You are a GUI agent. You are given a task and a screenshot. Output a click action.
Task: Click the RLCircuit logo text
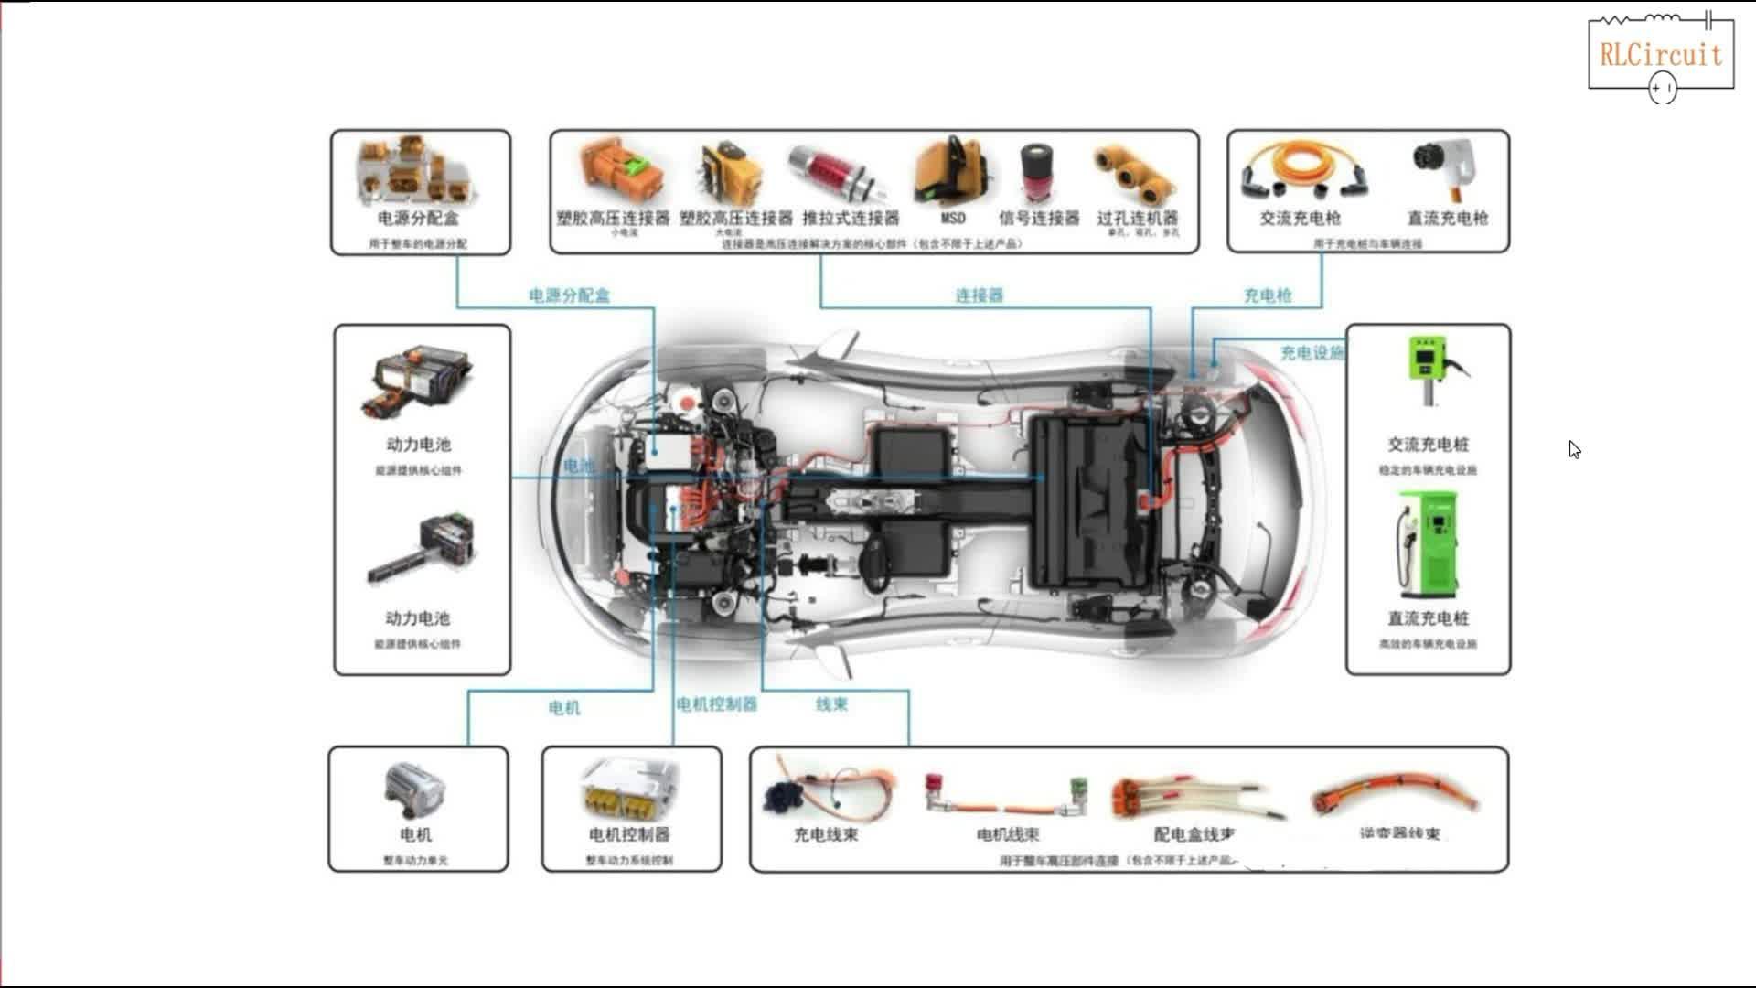pyautogui.click(x=1660, y=55)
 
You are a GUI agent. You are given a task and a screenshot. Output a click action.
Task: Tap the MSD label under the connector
pyautogui.click(x=953, y=218)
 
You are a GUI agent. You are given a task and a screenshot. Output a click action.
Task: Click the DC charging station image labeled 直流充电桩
pyautogui.click(x=1426, y=544)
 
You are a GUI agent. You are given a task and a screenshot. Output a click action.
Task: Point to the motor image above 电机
pyautogui.click(x=416, y=789)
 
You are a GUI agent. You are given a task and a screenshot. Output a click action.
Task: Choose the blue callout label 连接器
pyautogui.click(x=979, y=295)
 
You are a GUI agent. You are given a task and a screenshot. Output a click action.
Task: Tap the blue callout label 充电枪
pyautogui.click(x=1267, y=295)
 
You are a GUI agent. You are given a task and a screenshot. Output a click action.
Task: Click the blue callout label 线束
pyautogui.click(x=831, y=704)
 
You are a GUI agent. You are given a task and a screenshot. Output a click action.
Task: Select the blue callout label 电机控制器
pyautogui.click(x=716, y=704)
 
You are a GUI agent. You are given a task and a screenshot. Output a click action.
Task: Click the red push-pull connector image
pyautogui.click(x=837, y=174)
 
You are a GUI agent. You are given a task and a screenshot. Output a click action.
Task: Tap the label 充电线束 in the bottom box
pyautogui.click(x=825, y=834)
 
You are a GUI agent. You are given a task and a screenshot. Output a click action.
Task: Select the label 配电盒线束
pyautogui.click(x=1194, y=834)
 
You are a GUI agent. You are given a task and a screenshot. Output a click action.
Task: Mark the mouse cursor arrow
pyautogui.click(x=1574, y=449)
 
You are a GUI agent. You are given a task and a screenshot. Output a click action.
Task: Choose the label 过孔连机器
pyautogui.click(x=1138, y=218)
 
